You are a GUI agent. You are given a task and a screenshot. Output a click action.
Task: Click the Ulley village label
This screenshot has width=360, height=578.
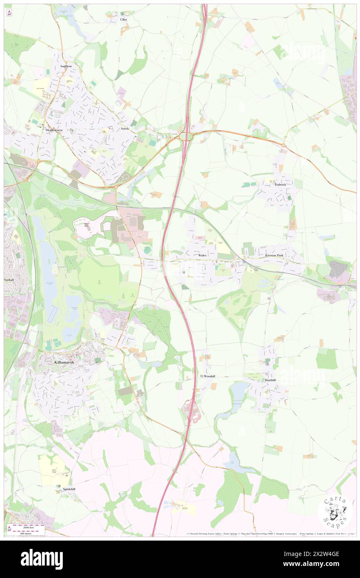[123, 20]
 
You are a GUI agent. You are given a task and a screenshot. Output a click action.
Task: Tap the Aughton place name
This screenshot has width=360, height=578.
[66, 66]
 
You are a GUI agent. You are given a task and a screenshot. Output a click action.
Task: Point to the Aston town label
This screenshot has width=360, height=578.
[125, 129]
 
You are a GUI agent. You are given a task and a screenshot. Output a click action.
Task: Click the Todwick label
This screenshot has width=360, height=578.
[280, 184]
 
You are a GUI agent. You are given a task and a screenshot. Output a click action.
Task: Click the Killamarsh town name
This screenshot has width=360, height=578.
[65, 362]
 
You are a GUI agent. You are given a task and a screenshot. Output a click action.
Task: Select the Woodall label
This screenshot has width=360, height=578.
[209, 376]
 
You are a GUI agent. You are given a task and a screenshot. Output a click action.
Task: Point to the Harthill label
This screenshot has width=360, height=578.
[270, 380]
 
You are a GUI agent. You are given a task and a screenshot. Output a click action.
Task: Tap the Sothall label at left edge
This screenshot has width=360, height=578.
[9, 280]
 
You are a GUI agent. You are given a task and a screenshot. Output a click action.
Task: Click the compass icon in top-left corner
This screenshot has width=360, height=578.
[9, 13]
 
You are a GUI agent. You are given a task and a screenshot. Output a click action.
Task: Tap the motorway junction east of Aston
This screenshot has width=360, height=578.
[185, 135]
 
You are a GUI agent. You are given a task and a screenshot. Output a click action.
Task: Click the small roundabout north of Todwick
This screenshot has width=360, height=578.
[284, 145]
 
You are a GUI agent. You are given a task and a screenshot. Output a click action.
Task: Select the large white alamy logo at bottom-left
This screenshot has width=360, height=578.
[42, 559]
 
